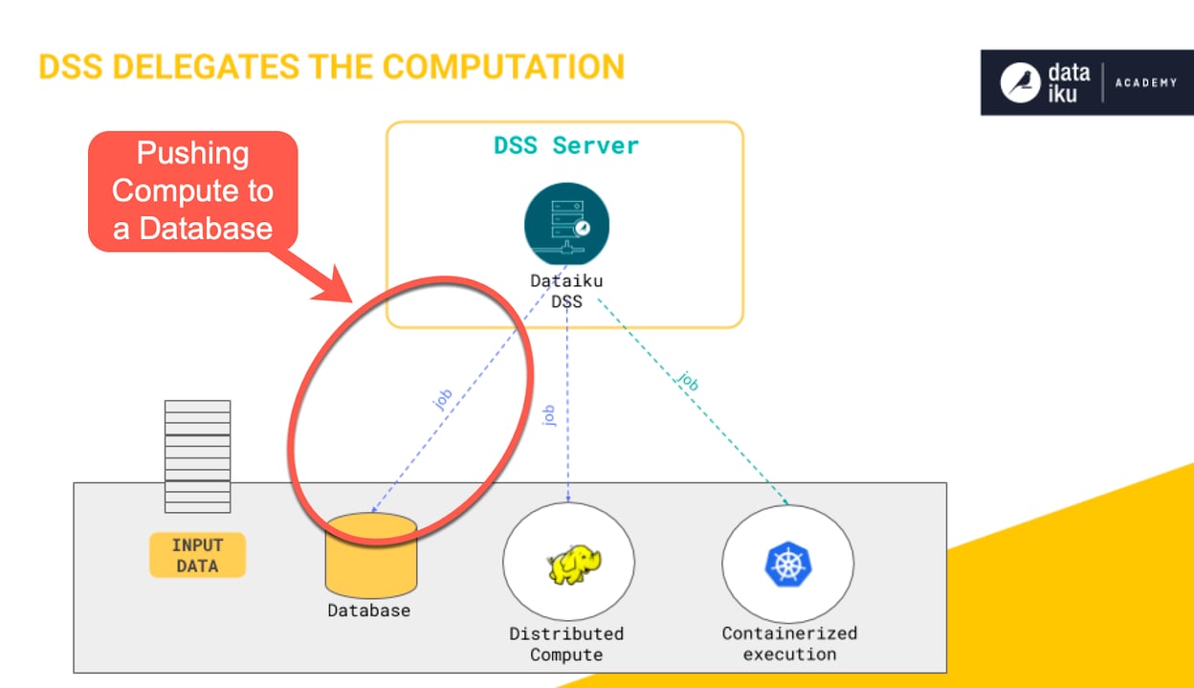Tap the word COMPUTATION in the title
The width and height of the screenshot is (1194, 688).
[503, 67]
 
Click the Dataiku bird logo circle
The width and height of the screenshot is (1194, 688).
[1020, 83]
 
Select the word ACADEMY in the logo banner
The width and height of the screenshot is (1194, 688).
[1145, 83]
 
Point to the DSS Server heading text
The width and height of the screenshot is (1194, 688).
[565, 145]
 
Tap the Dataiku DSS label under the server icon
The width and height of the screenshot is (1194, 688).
[566, 291]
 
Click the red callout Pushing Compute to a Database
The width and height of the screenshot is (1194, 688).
[192, 190]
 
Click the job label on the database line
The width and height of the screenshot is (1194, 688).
[442, 398]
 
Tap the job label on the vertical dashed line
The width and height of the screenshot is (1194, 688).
[548, 414]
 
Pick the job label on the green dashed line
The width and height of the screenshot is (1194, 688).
[687, 380]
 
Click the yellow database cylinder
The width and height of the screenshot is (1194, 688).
[370, 555]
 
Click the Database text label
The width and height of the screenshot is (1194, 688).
[368, 610]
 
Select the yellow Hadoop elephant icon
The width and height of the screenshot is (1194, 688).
[569, 565]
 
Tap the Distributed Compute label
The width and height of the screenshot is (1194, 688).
[566, 644]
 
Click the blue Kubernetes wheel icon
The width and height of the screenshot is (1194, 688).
[787, 564]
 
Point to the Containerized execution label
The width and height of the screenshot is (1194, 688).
[789, 644]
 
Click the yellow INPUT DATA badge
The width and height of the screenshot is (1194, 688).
[197, 555]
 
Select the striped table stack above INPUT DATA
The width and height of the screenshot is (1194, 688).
[197, 455]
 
